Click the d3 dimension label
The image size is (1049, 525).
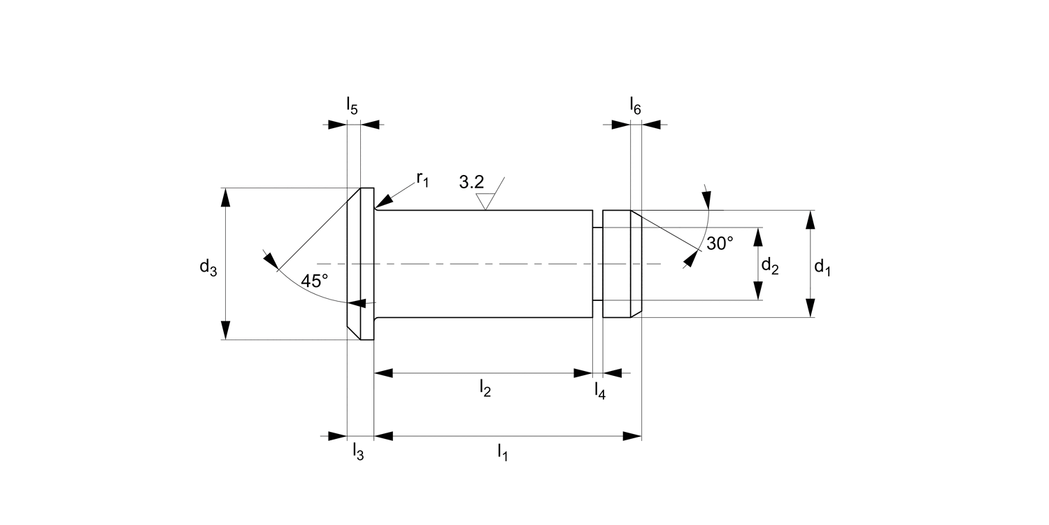coord(208,267)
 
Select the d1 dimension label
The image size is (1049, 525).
coord(822,267)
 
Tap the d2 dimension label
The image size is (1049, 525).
coord(769,267)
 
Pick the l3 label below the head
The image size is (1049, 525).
coord(357,451)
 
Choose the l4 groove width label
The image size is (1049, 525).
coord(599,391)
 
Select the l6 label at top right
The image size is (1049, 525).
coord(635,106)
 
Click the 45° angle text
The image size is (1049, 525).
coord(315,281)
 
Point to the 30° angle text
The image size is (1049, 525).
coord(720,244)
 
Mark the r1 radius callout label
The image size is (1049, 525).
coord(422,179)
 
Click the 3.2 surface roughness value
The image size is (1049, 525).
coord(471,183)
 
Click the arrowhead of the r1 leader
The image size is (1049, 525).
coord(381,205)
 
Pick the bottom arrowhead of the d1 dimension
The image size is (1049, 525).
coord(810,308)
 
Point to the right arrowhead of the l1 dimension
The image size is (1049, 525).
coord(632,436)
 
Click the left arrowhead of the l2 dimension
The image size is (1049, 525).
coord(384,373)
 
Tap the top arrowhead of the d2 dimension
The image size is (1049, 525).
coord(757,237)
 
